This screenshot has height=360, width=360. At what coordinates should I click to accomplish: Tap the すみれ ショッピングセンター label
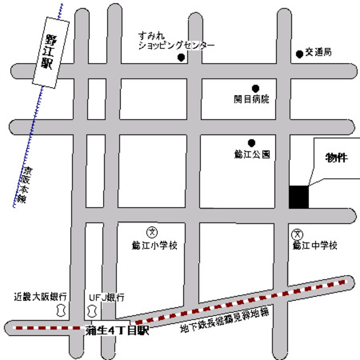pyautogui.click(x=169, y=41)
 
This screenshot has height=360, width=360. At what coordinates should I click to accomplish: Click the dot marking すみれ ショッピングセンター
pyautogui.click(x=181, y=57)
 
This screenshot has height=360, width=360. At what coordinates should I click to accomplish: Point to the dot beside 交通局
pyautogui.click(x=299, y=54)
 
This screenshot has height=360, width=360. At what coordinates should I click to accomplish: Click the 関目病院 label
pyautogui.click(x=251, y=99)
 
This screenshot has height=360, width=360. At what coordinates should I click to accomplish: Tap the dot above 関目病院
pyautogui.click(x=255, y=88)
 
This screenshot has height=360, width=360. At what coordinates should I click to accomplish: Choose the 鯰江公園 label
pyautogui.click(x=252, y=153)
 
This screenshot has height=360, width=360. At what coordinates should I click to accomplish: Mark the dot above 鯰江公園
pyautogui.click(x=251, y=142)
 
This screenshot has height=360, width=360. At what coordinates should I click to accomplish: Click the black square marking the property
pyautogui.click(x=299, y=196)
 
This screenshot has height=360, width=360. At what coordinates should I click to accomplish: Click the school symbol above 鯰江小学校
pyautogui.click(x=152, y=231)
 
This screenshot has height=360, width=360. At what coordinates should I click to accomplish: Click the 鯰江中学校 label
pyautogui.click(x=314, y=245)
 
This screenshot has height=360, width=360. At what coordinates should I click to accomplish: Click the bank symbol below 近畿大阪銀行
pyautogui.click(x=60, y=309)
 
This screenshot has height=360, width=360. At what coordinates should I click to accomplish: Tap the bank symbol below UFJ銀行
pyautogui.click(x=91, y=309)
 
